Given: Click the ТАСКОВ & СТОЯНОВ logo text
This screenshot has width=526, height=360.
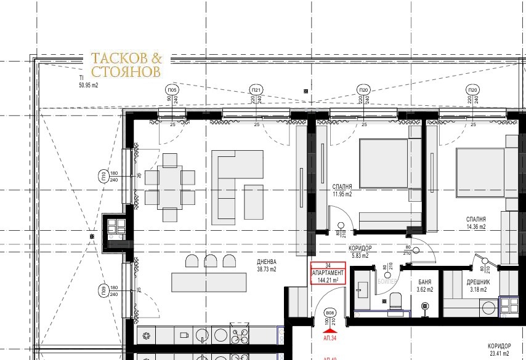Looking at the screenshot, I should click(126, 65).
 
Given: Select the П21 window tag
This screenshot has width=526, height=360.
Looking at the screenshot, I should click(256, 90).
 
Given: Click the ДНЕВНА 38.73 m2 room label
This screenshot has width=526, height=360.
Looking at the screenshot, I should click(267, 265).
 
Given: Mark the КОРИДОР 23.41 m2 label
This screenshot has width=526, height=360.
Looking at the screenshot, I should click(499, 350).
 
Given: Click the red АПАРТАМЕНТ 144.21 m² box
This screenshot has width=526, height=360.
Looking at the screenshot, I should click(328, 272).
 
